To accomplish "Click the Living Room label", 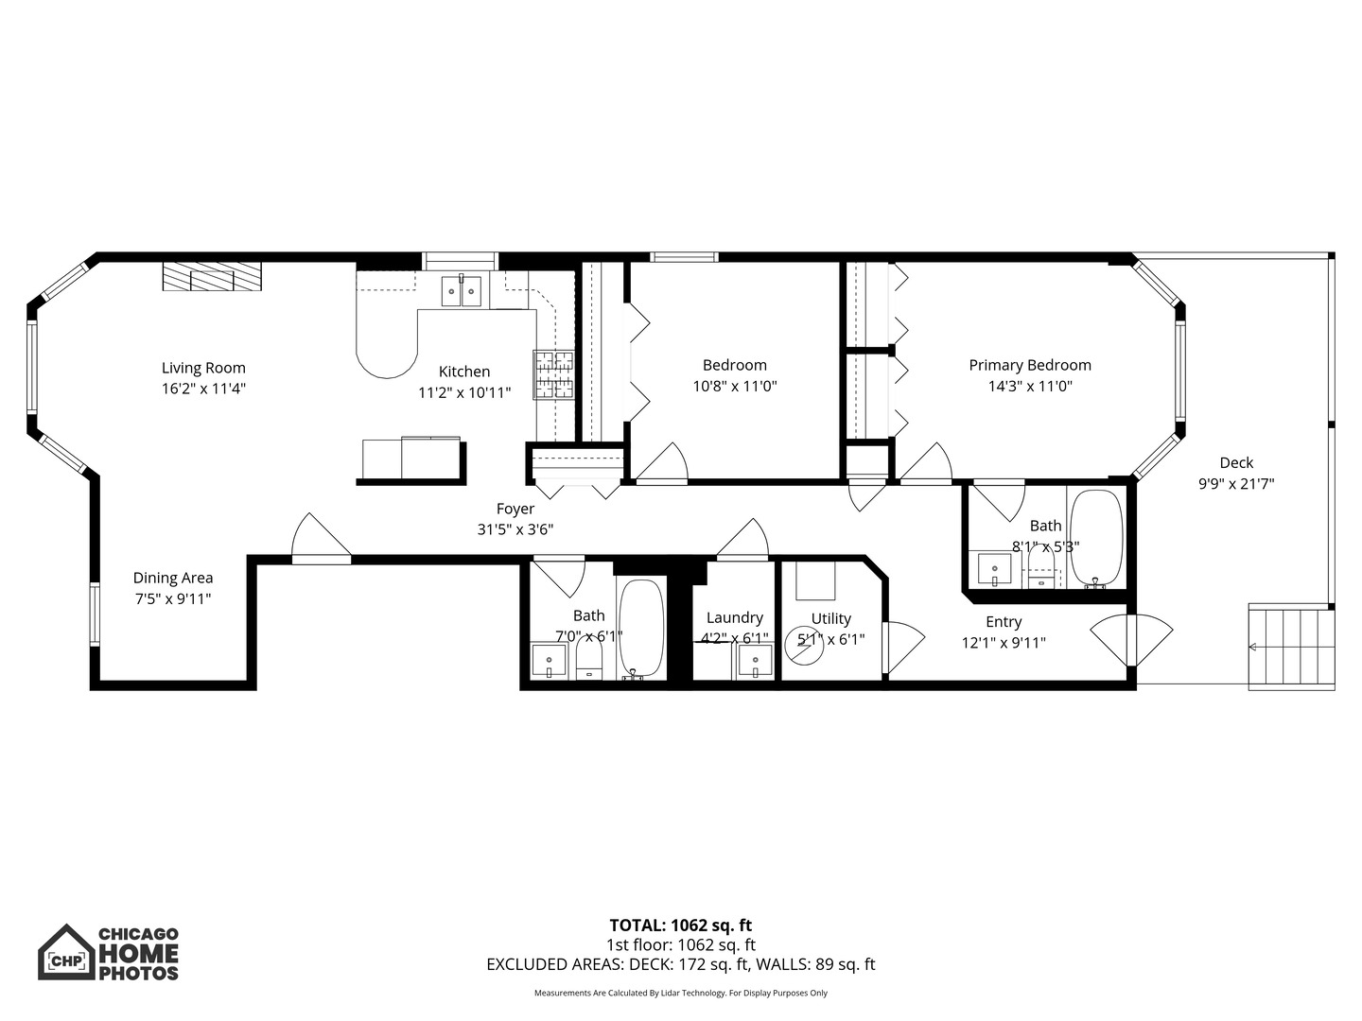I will coord(203,369).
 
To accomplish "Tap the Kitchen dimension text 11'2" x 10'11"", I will coord(464,392).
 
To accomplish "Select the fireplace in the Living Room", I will coord(212,277).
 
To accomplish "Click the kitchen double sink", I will coord(462,292).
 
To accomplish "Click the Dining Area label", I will coord(172,578).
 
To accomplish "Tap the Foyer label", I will coord(515,509).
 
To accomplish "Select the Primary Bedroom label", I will coord(1030,365).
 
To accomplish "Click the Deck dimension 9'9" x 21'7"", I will coord(1236,483).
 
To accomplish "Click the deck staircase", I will coord(1291,647).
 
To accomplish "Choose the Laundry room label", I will coord(735,617).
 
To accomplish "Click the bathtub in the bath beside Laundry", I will coord(641,626).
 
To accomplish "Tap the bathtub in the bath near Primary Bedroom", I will coord(1095,537).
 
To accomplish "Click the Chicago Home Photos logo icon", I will coord(66,953).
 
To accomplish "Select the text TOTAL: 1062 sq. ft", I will coord(681,926).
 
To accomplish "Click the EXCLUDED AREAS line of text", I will coord(681,964).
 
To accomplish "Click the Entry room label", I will coord(1004,622).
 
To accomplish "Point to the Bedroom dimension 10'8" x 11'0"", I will coord(735,386).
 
